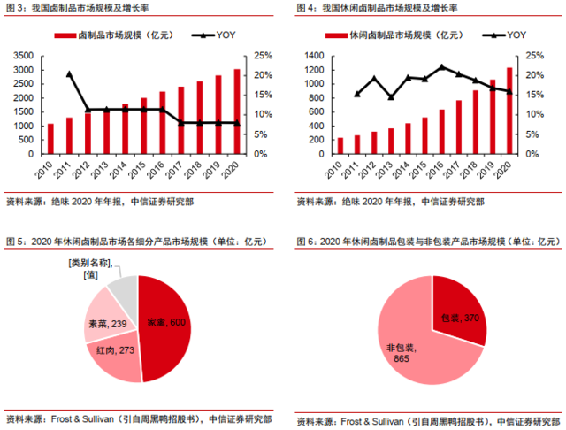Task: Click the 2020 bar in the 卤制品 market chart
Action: coord(237,111)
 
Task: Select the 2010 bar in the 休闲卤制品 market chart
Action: coord(340,145)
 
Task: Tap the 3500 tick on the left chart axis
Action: coord(24,55)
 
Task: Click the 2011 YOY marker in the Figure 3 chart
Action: coord(69,73)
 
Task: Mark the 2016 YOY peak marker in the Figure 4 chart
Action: coord(441,67)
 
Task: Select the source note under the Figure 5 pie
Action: coord(138,418)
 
